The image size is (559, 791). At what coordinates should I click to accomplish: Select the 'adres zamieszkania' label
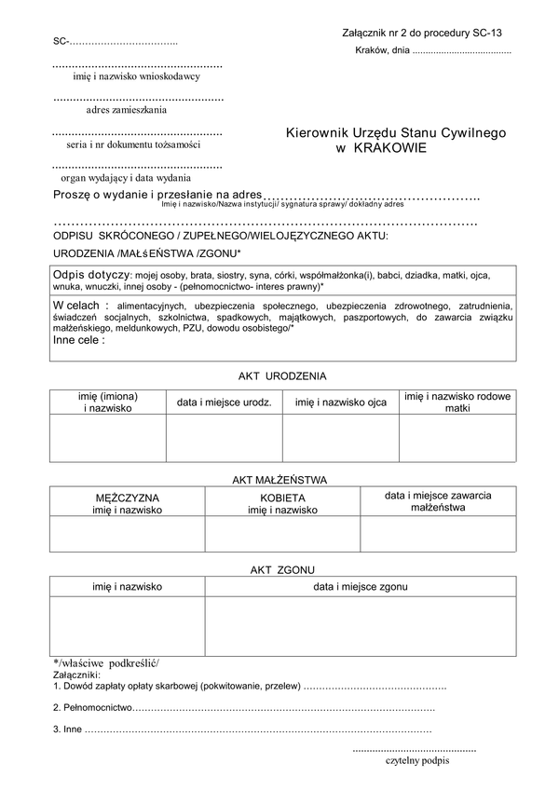[127, 110]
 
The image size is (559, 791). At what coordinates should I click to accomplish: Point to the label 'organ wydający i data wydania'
[126, 177]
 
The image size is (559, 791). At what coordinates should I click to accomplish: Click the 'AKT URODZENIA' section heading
[282, 375]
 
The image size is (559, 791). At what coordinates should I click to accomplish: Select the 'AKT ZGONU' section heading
[281, 568]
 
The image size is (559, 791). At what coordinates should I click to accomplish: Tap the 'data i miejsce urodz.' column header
[225, 402]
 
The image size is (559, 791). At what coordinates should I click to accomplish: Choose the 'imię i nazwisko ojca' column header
[340, 402]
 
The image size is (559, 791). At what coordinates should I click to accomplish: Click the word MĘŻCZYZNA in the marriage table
[127, 498]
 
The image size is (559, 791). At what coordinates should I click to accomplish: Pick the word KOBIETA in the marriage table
[282, 498]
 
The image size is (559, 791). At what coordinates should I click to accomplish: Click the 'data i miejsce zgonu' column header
[360, 587]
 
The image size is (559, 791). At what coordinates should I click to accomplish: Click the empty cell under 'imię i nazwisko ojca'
[340, 439]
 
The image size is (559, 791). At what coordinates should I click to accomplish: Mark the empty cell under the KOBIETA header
[282, 534]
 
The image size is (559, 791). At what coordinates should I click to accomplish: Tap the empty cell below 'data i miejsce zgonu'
[360, 626]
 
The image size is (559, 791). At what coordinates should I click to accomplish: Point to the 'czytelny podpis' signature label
[416, 761]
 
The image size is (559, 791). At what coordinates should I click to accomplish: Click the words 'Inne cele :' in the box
[79, 341]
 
